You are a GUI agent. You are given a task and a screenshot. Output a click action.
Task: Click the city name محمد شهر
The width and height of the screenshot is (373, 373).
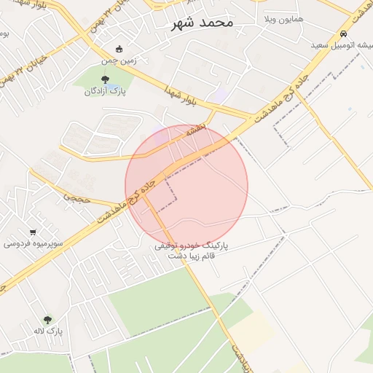point(202,23)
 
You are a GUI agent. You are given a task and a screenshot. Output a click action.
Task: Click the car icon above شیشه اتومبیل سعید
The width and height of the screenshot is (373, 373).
point(343,34)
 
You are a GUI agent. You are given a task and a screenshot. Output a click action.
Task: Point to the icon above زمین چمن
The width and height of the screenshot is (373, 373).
point(119,49)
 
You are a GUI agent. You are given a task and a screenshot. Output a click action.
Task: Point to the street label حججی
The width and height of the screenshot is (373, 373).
point(75,196)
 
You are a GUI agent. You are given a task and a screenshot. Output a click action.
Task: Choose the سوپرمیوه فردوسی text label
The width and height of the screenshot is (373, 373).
point(34,243)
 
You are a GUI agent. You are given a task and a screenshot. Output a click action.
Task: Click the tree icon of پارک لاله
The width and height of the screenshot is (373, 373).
point(48,319)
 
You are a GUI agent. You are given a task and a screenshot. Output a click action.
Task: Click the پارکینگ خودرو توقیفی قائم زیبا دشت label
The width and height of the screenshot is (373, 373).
point(191,251)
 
